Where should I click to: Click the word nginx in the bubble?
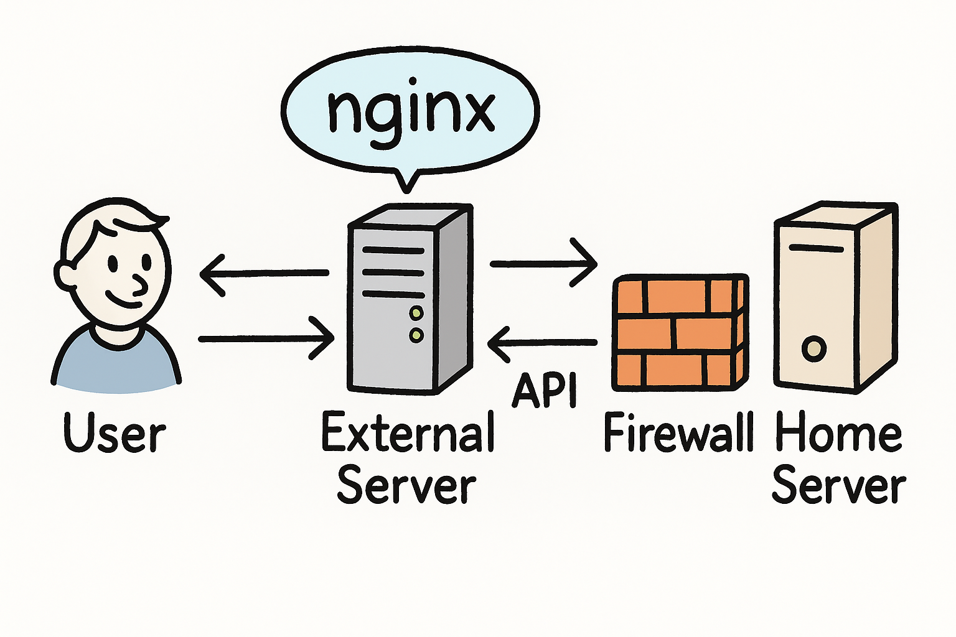click(x=411, y=112)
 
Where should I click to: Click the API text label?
click(x=545, y=391)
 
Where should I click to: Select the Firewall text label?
click(x=678, y=432)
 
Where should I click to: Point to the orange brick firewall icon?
click(x=680, y=333)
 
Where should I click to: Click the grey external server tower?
click(x=408, y=299)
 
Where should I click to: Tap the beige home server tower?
click(x=834, y=299)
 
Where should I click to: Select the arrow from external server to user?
click(x=265, y=273)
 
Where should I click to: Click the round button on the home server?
click(x=813, y=349)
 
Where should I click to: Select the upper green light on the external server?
click(x=416, y=312)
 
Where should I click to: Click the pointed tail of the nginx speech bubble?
click(x=408, y=180)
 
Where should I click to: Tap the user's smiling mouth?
click(x=124, y=302)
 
